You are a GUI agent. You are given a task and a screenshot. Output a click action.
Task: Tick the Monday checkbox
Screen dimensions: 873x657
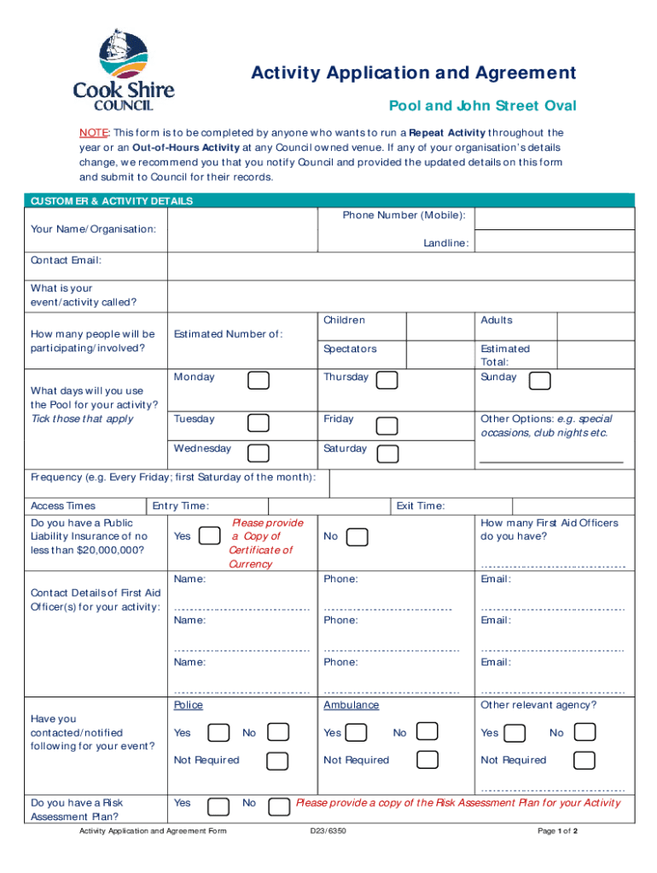tap(259, 380)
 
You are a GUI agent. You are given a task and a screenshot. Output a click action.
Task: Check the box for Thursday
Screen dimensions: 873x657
tap(387, 380)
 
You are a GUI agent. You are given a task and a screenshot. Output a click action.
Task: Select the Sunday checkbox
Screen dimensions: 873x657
tap(539, 380)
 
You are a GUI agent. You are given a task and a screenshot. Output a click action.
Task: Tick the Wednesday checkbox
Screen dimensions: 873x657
tap(259, 454)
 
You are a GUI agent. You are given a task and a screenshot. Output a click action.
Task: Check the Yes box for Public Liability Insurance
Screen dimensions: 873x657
tap(209, 536)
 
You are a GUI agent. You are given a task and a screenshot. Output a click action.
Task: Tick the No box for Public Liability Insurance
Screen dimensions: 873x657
tap(358, 537)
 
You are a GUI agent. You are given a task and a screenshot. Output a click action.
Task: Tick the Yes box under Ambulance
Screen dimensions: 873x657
tap(358, 732)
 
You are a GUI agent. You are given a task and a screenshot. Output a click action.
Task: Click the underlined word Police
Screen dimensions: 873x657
tap(189, 705)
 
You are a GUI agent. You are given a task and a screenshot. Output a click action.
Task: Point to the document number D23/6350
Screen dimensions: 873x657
tap(328, 830)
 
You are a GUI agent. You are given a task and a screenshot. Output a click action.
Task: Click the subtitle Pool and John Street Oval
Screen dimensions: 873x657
tap(483, 106)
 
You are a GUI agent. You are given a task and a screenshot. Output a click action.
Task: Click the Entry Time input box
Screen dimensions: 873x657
tap(329, 506)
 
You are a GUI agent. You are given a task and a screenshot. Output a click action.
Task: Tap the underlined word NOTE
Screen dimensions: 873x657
tap(95, 133)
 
